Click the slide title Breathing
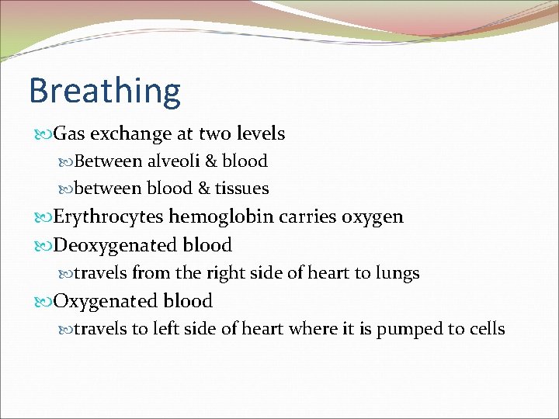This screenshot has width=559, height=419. coord(105,92)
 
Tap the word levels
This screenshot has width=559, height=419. coord(260,134)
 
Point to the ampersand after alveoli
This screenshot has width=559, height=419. coord(209,161)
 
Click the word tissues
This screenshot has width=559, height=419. coord(242,189)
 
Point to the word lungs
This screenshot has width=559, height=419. coord(396,274)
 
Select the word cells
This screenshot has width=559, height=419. coord(487,329)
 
